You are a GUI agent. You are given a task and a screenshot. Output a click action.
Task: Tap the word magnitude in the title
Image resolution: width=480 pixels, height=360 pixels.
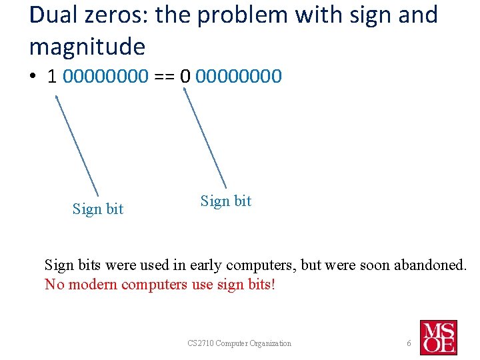point(87,47)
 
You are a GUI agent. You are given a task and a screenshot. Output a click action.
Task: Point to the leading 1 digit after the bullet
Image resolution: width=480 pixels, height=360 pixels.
point(52,76)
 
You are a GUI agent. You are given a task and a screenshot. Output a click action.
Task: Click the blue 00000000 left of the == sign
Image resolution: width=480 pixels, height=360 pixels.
point(106,76)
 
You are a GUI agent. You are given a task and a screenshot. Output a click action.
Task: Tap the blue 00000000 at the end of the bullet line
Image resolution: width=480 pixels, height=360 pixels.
point(240,76)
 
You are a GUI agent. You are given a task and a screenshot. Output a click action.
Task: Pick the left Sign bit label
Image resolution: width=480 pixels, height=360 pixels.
point(98,209)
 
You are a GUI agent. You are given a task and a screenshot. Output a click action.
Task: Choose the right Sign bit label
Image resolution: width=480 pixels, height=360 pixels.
point(226,201)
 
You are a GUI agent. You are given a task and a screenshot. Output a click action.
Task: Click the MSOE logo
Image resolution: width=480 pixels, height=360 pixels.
point(438,337)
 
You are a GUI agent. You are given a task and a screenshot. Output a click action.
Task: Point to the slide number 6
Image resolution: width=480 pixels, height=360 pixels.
point(409,343)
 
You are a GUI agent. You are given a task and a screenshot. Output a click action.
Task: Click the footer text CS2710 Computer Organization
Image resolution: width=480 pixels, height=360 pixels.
point(239,343)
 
